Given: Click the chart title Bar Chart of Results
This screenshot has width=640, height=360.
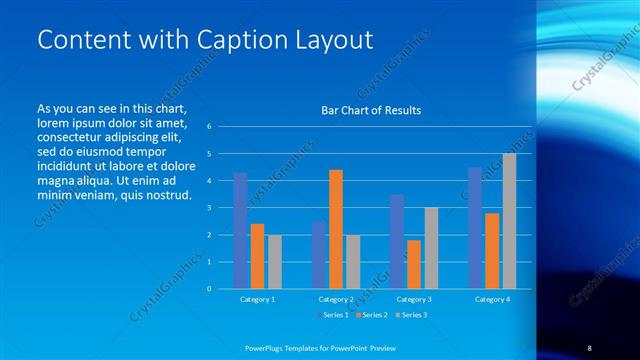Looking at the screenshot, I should tap(370, 110).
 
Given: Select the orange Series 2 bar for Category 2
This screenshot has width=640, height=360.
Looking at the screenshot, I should tap(336, 229).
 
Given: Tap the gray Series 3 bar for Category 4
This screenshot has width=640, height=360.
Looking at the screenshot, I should tap(509, 221).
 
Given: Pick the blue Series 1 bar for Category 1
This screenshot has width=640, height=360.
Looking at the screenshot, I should tap(241, 230).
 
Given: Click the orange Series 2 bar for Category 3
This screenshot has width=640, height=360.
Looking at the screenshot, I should tap(414, 264).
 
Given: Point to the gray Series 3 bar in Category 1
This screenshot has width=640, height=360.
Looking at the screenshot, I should tap(275, 261).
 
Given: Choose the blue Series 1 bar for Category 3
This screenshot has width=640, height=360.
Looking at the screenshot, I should tap(397, 241).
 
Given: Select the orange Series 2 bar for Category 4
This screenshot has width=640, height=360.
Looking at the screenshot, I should tap(492, 250).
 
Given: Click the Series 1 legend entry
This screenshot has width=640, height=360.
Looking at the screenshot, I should tap(331, 316).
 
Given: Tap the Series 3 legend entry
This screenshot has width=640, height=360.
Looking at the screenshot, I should tap(412, 316).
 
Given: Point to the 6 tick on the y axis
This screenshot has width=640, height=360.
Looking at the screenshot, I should tap(209, 127).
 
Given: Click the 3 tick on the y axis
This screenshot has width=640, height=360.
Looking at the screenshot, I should tap(209, 208).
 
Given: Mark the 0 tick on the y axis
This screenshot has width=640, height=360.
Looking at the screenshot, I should tap(209, 288).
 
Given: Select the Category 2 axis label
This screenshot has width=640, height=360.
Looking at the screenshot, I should tap(336, 299).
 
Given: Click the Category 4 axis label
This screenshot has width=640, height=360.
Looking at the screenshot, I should tap(492, 299).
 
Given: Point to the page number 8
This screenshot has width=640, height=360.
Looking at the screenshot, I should tap(590, 347).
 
